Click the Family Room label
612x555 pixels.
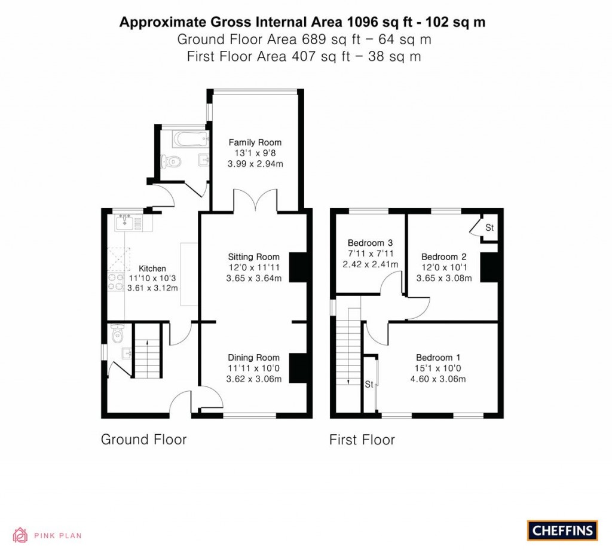(x=255, y=142)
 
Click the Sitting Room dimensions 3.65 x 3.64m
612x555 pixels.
(x=254, y=277)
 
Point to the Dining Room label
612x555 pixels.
(x=253, y=358)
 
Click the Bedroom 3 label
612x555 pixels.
(x=370, y=243)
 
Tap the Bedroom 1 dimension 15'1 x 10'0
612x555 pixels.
(x=441, y=368)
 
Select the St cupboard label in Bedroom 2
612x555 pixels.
(x=489, y=228)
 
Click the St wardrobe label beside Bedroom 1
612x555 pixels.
(x=369, y=384)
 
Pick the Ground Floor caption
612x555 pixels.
(x=143, y=440)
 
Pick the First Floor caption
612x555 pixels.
(x=362, y=440)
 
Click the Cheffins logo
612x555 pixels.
(x=562, y=530)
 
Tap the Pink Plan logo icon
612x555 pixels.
(x=20, y=535)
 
